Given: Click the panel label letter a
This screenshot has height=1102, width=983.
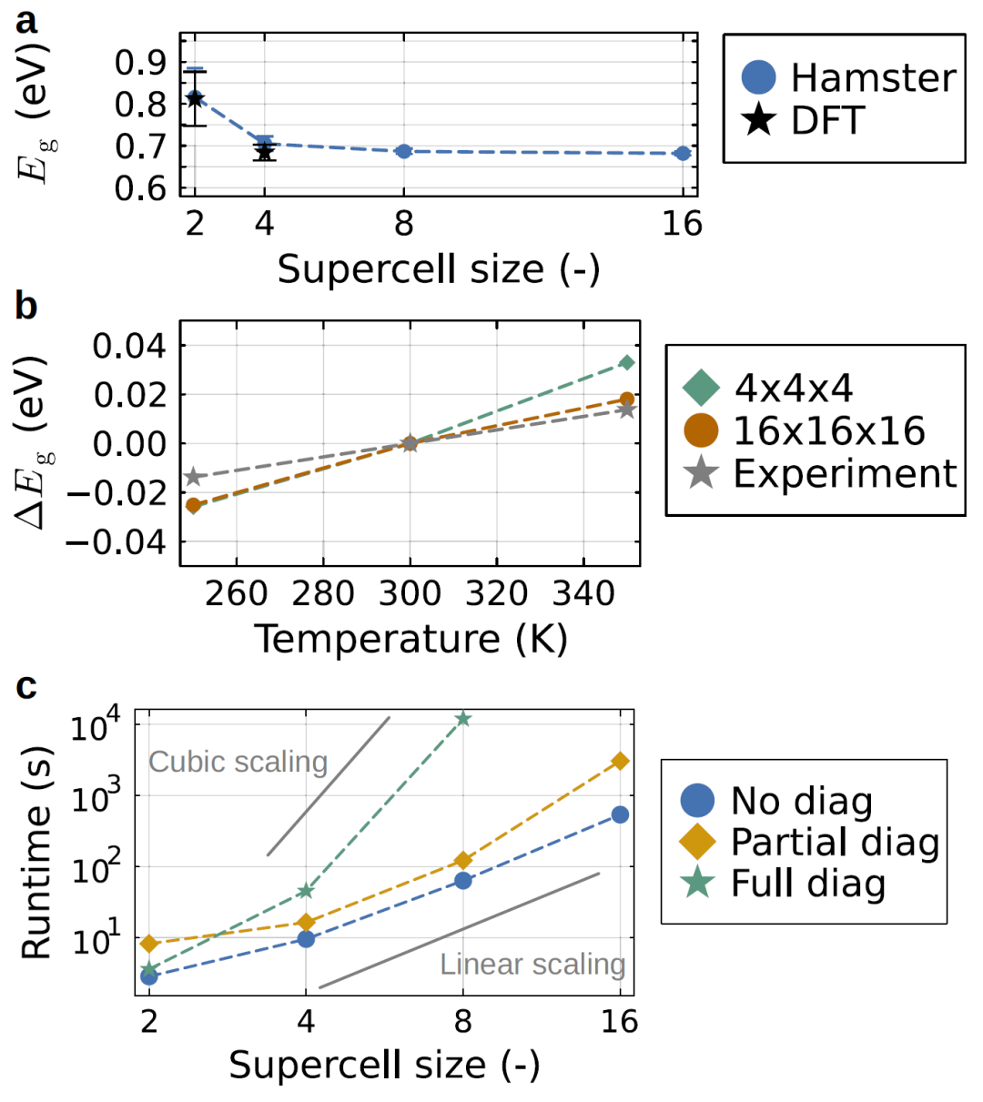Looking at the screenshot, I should coord(26,20).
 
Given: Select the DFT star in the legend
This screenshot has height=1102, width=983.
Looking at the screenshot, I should coord(759,121).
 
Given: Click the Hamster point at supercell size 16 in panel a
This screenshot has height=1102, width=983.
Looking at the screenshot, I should coord(683,153).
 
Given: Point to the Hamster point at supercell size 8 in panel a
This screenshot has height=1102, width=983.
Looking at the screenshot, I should coord(404,151).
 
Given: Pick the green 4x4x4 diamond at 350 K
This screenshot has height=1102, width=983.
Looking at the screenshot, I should coord(626,363).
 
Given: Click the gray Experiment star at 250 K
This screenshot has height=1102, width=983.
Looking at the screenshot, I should coord(193,477).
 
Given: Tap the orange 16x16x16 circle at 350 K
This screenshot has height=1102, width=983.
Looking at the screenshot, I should coord(627,399).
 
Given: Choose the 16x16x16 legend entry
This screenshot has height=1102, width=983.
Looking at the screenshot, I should coord(828,430).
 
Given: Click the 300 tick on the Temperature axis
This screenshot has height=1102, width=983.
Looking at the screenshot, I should coord(410,593).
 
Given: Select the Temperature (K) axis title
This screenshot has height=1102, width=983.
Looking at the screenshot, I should coord(410,639).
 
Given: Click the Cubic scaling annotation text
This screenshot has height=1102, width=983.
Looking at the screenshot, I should coord(238,762).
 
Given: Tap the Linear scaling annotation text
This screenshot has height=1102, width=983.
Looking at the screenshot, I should coord(532,964).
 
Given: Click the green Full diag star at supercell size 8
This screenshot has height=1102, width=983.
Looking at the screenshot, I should coord(463,719).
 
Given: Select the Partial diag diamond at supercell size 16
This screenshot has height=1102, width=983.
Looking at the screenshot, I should coord(620,761).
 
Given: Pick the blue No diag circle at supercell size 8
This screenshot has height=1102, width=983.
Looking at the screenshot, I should coord(463,880).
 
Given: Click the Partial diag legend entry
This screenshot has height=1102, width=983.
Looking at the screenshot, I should coord(834,842).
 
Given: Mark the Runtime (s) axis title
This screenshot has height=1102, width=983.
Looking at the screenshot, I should coord(36,854).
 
